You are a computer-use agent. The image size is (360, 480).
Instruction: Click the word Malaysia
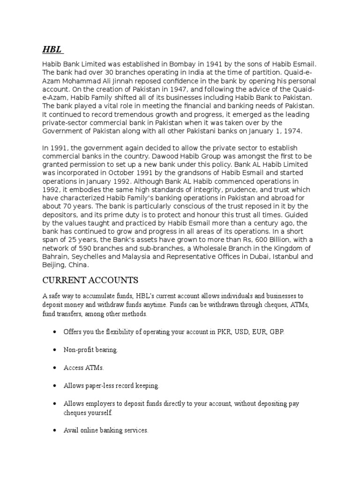click(138, 257)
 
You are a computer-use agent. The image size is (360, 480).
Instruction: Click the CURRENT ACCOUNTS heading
click(90, 281)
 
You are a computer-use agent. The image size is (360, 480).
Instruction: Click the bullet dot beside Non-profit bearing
click(54, 350)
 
